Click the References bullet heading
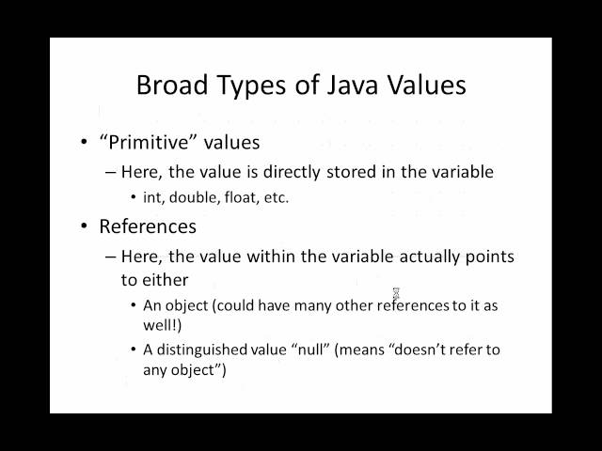pos(148,226)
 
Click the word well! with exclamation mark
pos(165,325)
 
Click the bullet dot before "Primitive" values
pos(85,143)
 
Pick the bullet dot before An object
pos(133,305)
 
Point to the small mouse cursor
pos(396,293)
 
